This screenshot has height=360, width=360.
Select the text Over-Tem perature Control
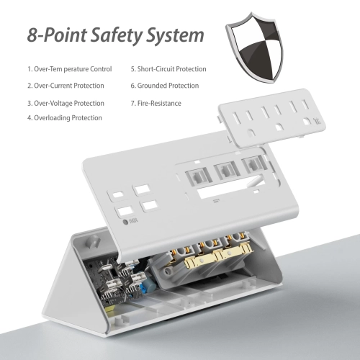click(70, 69)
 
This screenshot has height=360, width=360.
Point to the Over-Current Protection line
click(66, 86)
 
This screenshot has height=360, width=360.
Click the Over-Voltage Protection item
click(66, 102)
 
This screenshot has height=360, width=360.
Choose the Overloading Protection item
click(65, 117)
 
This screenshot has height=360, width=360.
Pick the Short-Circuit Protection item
click(168, 69)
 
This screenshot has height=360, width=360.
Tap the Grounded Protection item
click(164, 86)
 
